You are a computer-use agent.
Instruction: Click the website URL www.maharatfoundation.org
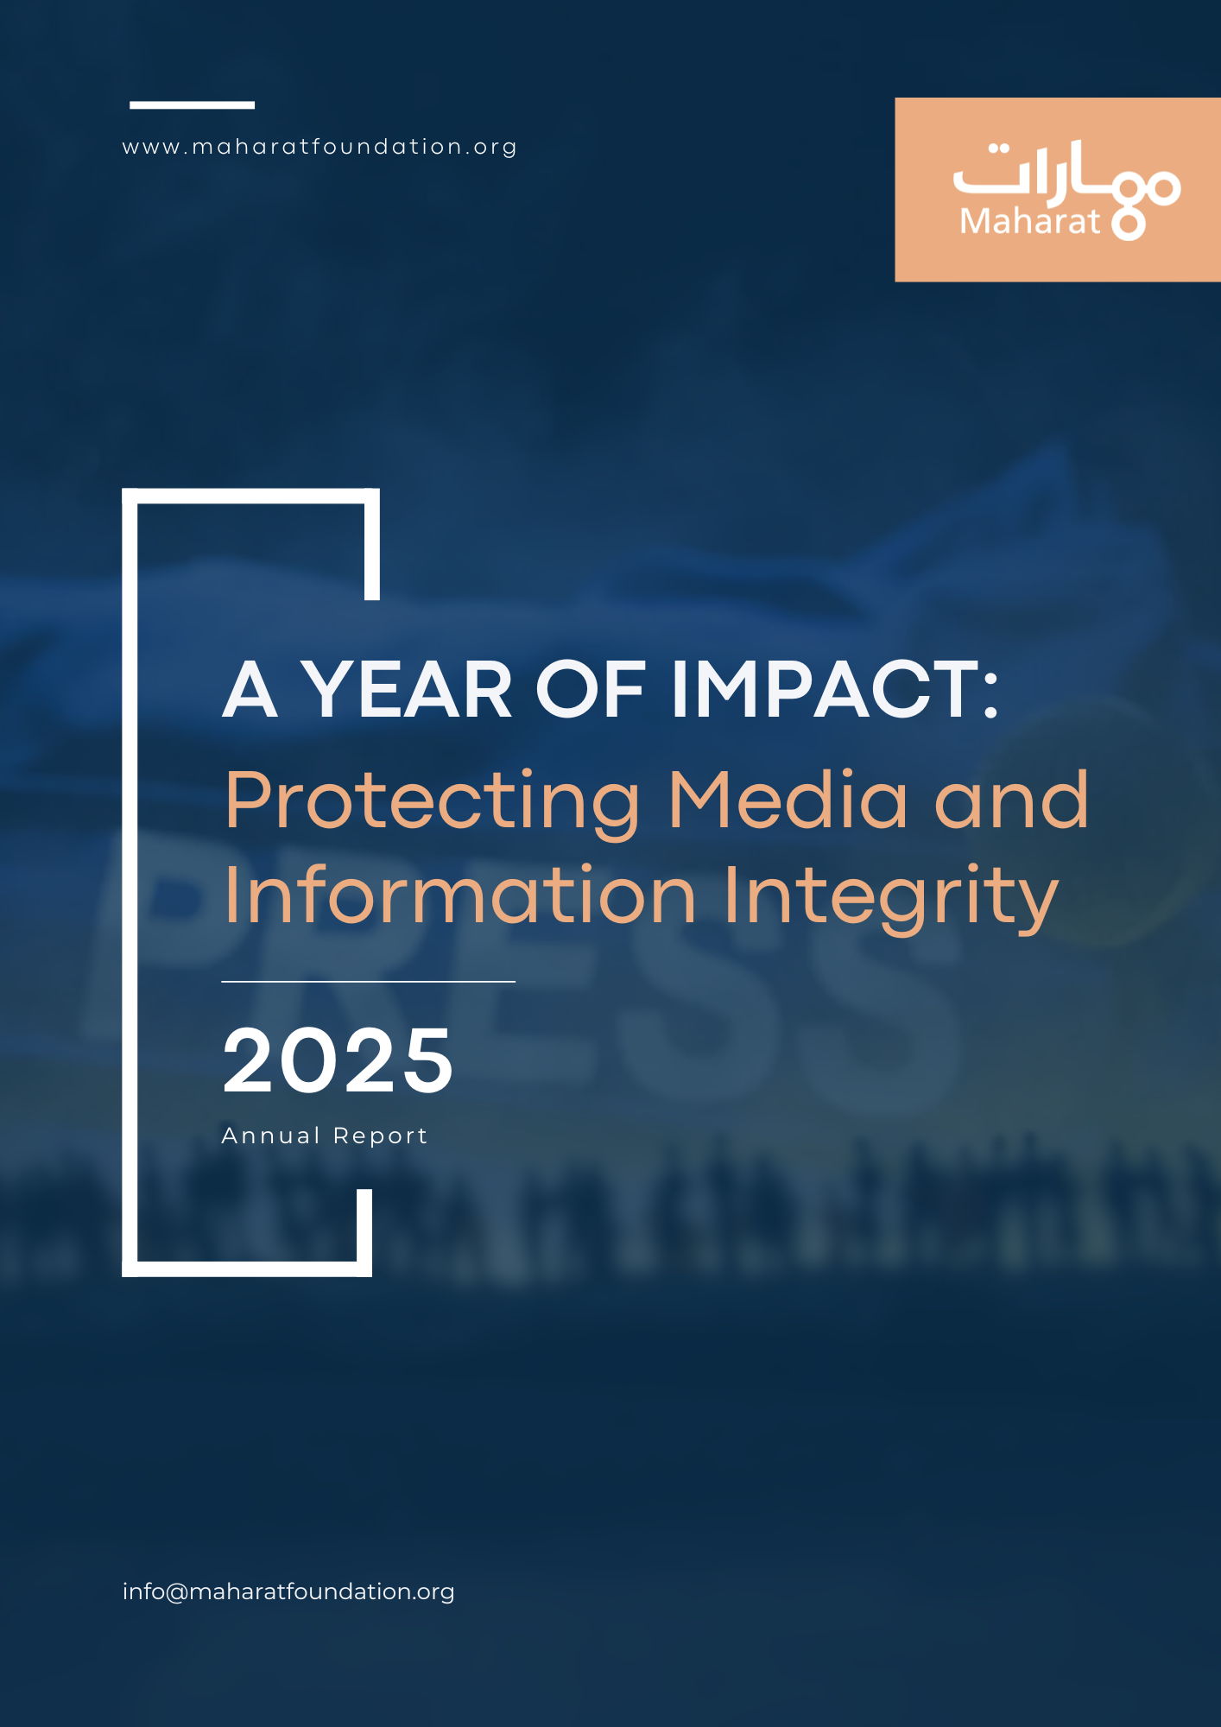click(x=319, y=147)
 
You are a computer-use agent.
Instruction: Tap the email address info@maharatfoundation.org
click(x=288, y=1591)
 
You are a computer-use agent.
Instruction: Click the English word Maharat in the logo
click(x=1029, y=222)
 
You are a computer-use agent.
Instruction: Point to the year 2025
click(x=338, y=1060)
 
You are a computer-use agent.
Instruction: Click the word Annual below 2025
click(x=270, y=1136)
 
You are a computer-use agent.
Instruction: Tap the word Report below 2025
click(x=381, y=1136)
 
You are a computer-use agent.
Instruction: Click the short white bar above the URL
click(x=192, y=105)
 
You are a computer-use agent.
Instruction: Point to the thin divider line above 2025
click(x=368, y=982)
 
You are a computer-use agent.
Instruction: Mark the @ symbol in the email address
click(x=176, y=1592)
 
